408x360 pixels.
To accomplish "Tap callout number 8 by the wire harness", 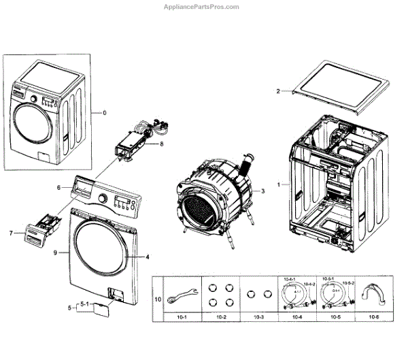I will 162,144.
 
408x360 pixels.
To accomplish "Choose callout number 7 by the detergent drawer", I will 12,233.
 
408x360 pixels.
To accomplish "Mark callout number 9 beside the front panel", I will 56,253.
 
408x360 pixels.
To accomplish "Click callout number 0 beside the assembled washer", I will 104,112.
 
